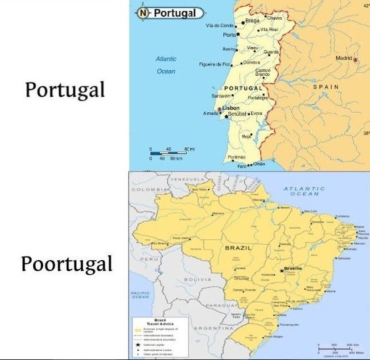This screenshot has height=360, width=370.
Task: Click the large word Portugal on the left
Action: coord(65,90)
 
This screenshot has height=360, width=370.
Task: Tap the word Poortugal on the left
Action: coord(67,264)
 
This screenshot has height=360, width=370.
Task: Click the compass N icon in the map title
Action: coord(143,12)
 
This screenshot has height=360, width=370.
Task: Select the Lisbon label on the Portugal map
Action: coord(231,108)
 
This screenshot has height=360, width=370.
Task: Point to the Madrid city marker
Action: coord(355,59)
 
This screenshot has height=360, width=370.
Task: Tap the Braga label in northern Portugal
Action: coord(252,21)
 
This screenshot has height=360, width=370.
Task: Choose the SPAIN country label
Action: coord(326,88)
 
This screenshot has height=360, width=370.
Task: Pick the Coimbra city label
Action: coord(251,62)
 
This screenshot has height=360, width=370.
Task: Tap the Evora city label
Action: coord(257,113)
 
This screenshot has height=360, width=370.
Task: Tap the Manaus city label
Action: coord(218,213)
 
